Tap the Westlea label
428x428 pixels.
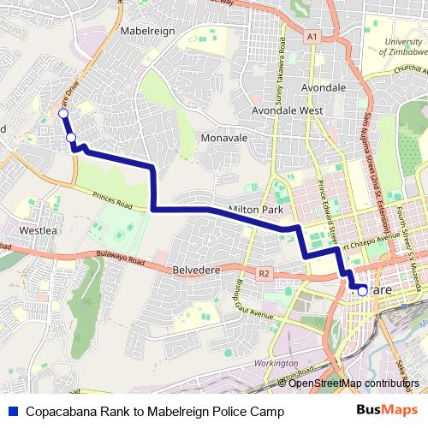click(37, 230)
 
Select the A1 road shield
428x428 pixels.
click(312, 37)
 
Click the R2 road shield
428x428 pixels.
click(264, 274)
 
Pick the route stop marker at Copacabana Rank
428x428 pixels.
click(362, 291)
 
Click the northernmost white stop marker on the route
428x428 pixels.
click(62, 113)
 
